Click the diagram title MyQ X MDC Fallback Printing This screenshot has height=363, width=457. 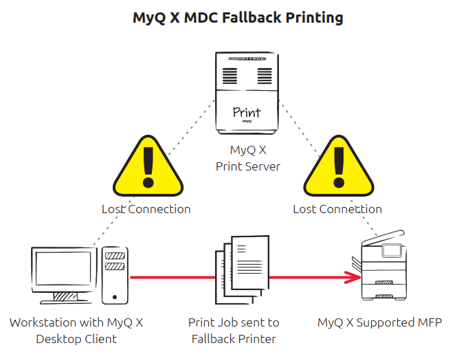pyautogui.click(x=238, y=18)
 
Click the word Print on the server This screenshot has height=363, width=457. pyautogui.click(x=247, y=111)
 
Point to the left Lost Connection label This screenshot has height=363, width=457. pyautogui.click(x=146, y=209)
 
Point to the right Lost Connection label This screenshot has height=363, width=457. pyautogui.click(x=337, y=209)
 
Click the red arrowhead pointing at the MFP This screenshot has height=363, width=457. pyautogui.click(x=354, y=278)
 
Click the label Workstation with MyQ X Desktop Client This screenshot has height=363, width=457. pyautogui.click(x=76, y=330)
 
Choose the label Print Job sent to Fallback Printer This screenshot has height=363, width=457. pyautogui.click(x=234, y=330)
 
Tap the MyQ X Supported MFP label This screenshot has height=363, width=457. pyautogui.click(x=379, y=322)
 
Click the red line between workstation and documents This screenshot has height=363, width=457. pyautogui.click(x=172, y=278)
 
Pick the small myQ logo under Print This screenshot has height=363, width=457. pyautogui.click(x=247, y=122)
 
